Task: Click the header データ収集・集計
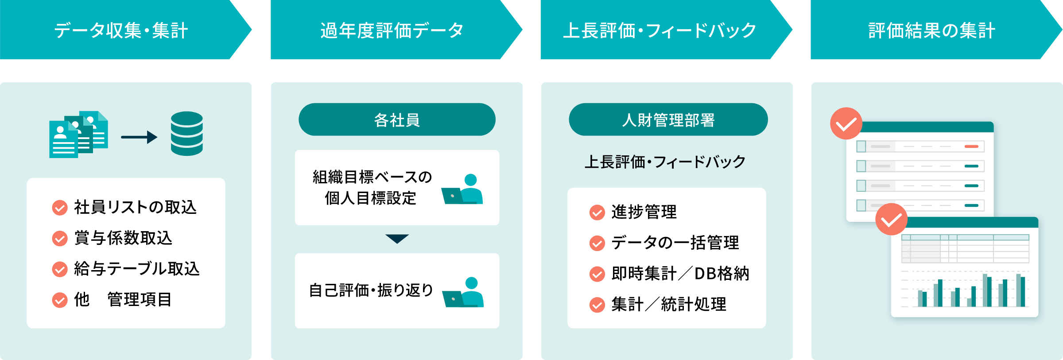pyautogui.click(x=121, y=30)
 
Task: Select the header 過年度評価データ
pyautogui.click(x=392, y=30)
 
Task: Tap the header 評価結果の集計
pyautogui.click(x=931, y=30)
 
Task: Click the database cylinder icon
pyautogui.click(x=186, y=134)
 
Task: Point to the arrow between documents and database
pyautogui.click(x=139, y=137)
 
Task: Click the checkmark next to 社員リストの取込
pyautogui.click(x=60, y=207)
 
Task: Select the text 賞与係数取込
pyautogui.click(x=123, y=238)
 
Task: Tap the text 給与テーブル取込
pyautogui.click(x=137, y=269)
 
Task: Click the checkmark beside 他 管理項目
pyautogui.click(x=60, y=300)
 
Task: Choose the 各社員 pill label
pyautogui.click(x=397, y=120)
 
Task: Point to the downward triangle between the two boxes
pyautogui.click(x=397, y=239)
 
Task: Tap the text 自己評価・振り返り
pyautogui.click(x=371, y=290)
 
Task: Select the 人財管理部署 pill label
pyautogui.click(x=668, y=120)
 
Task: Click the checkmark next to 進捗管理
pyautogui.click(x=597, y=213)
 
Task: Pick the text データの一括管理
pyautogui.click(x=675, y=243)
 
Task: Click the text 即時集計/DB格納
pyautogui.click(x=680, y=274)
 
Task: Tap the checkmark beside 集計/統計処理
pyautogui.click(x=597, y=305)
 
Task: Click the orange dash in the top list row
pyautogui.click(x=971, y=146)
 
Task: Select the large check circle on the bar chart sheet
pyautogui.click(x=891, y=220)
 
